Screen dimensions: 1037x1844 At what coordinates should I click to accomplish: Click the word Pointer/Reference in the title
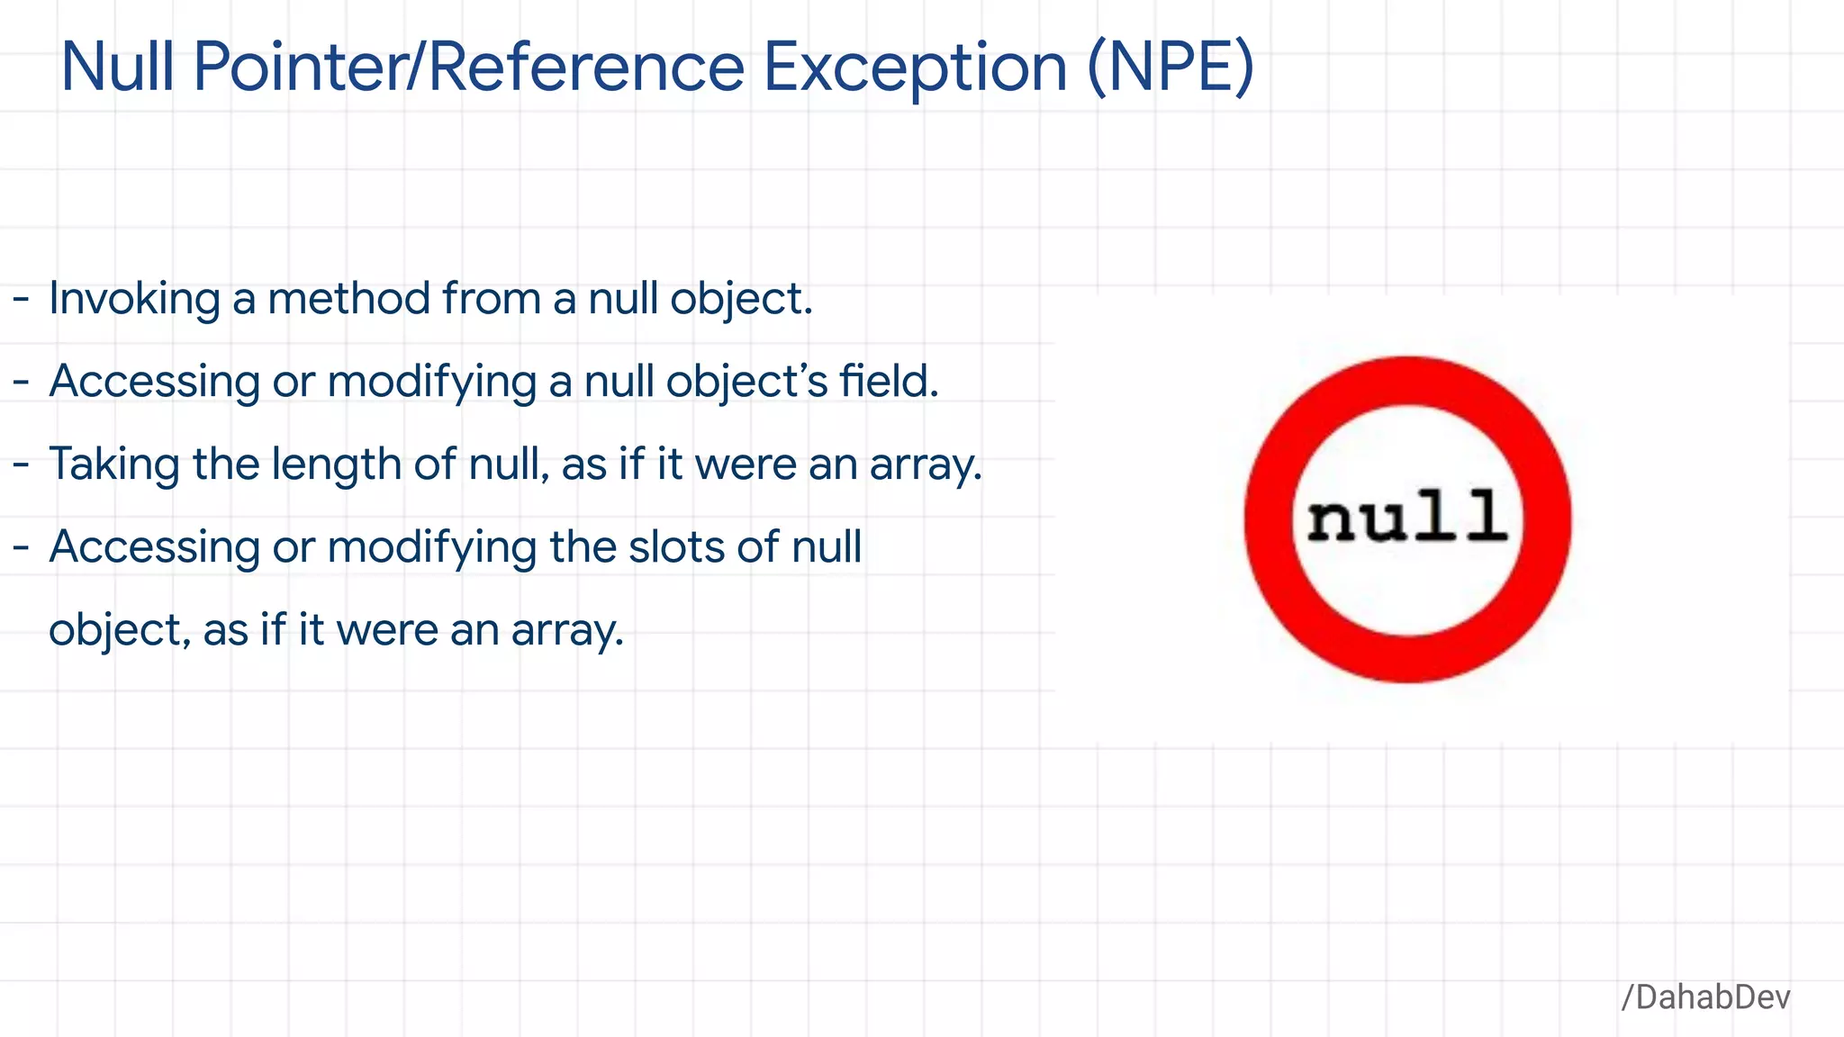(x=468, y=68)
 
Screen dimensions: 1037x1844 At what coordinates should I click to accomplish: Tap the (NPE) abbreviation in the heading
(x=1170, y=68)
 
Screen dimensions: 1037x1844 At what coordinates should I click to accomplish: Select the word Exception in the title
(x=915, y=69)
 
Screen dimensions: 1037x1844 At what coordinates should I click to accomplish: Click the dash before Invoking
(x=22, y=300)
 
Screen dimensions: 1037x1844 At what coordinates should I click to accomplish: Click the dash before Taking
(x=22, y=465)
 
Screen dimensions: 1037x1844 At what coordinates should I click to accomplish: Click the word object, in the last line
(x=120, y=631)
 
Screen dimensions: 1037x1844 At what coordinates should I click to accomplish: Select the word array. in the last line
(x=567, y=631)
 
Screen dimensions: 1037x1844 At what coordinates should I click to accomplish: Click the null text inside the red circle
(x=1407, y=518)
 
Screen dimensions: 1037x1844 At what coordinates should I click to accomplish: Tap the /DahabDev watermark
(x=1705, y=997)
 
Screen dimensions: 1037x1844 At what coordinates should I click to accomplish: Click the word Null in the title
(x=117, y=68)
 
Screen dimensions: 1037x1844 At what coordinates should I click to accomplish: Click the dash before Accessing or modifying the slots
(x=22, y=548)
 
